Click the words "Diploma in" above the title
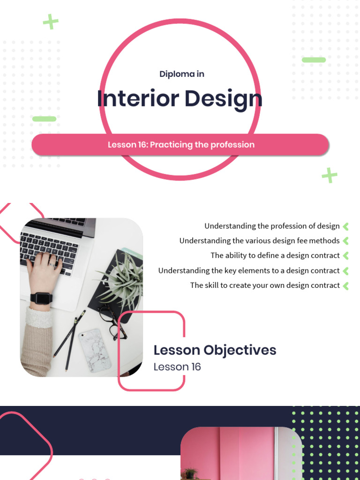(x=182, y=74)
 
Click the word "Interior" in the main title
(x=138, y=99)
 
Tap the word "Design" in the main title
(x=223, y=99)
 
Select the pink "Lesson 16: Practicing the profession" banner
(x=180, y=144)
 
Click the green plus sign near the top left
(x=51, y=22)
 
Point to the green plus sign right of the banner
(x=330, y=175)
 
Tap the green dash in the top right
(x=314, y=60)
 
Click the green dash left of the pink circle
(x=45, y=119)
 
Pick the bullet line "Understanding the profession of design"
(x=272, y=226)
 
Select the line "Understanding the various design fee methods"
(x=259, y=240)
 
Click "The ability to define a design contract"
(x=275, y=255)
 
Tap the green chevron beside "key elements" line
(x=346, y=270)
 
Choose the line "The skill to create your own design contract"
(x=265, y=285)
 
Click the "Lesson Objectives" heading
(x=215, y=350)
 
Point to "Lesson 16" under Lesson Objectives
(x=177, y=367)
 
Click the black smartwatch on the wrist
(x=42, y=298)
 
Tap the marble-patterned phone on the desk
(x=95, y=350)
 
